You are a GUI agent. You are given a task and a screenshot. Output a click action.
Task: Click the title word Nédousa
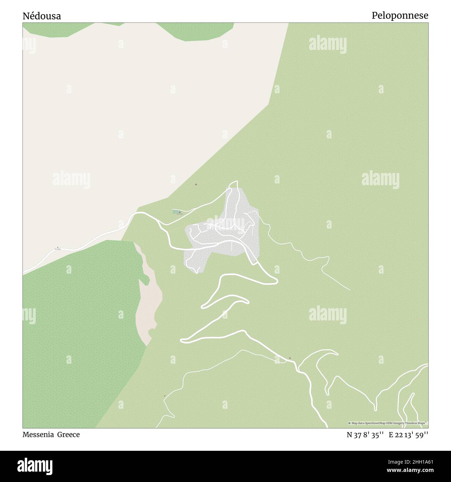pos(42,16)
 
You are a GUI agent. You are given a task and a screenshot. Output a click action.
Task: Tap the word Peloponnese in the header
pos(400,16)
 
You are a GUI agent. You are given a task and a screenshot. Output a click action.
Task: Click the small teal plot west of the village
pos(177,212)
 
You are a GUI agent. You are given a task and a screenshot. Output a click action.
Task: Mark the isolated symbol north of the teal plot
pos(197,184)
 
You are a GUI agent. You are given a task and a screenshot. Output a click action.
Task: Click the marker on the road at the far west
pos(58,248)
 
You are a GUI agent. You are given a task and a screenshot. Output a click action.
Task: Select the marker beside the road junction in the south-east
pos(290,358)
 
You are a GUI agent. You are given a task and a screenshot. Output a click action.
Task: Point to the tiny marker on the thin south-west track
pos(164,396)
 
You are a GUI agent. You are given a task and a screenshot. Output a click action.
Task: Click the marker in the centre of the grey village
pos(212,229)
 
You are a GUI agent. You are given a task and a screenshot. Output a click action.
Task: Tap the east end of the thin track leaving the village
pos(349,289)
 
